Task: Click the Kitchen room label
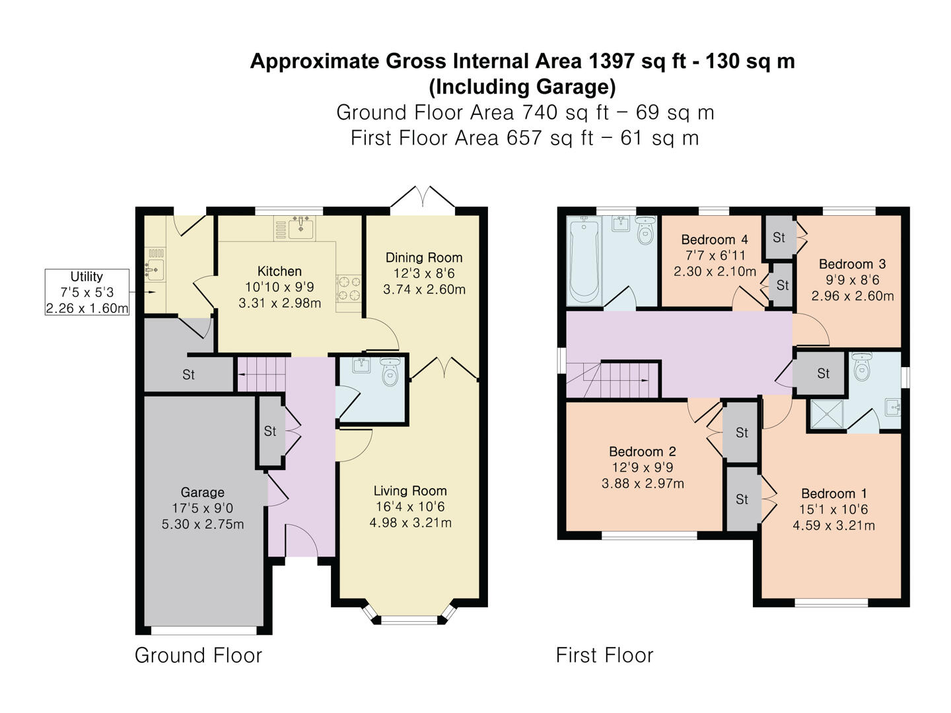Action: click(279, 271)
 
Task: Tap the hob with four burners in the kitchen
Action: click(349, 289)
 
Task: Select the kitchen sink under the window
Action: click(302, 228)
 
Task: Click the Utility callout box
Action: click(87, 292)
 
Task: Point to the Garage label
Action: click(202, 492)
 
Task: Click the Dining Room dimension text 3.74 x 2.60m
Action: click(424, 289)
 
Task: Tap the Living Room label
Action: click(410, 491)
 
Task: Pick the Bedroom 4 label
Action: click(715, 240)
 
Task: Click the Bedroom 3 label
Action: click(852, 264)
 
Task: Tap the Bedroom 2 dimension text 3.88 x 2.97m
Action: click(643, 484)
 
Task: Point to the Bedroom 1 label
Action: click(833, 494)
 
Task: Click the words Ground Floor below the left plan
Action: click(198, 656)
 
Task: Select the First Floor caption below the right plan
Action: click(604, 656)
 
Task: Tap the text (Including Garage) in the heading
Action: click(522, 86)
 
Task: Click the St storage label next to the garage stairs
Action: click(189, 375)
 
